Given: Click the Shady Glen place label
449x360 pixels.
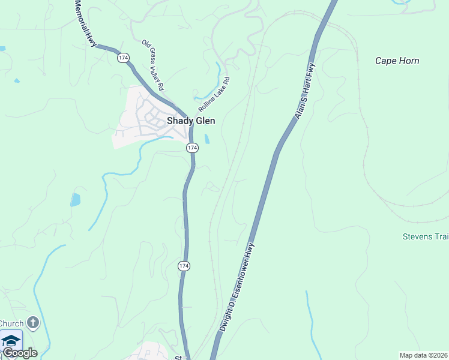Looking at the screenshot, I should [190, 121].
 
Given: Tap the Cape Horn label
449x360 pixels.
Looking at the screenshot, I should [397, 61].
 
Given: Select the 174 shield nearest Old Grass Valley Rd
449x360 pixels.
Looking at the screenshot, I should [123, 58].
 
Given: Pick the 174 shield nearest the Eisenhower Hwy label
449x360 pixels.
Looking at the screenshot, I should [184, 265].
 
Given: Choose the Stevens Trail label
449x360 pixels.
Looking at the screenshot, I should [426, 236].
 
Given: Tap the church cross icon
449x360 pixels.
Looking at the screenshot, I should [32, 323].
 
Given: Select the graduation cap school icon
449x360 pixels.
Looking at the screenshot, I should [11, 341].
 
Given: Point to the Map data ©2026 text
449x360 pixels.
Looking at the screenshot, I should [423, 355].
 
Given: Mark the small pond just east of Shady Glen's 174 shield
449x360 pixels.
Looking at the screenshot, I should [208, 139].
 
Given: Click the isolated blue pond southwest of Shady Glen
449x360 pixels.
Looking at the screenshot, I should [75, 200].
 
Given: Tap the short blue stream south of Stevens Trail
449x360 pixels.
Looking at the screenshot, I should [310, 315].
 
